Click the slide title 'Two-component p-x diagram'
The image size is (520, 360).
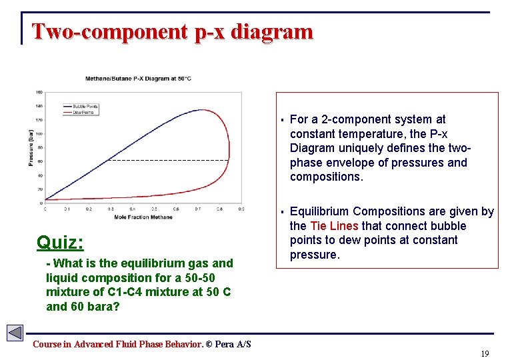pos(172,31)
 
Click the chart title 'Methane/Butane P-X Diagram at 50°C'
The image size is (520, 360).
pos(139,78)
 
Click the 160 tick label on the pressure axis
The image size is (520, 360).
pos(39,92)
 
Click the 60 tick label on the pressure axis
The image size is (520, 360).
pos(39,161)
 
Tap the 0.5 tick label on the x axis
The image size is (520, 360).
pos(155,209)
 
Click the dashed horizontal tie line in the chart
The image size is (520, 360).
pos(167,160)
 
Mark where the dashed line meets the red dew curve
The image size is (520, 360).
pos(229,160)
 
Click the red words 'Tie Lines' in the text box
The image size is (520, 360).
pos(334,226)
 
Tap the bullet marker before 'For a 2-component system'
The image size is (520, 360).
pos(283,120)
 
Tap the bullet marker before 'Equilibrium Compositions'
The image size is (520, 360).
pos(283,212)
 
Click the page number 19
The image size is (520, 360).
pos(485,353)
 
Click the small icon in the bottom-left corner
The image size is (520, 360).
pos(15,333)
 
